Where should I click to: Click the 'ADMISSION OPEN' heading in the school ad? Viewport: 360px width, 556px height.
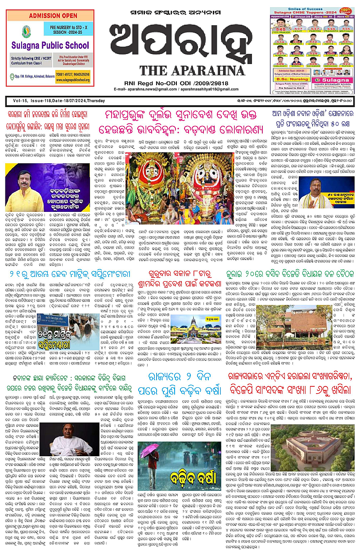pos(50,17)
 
